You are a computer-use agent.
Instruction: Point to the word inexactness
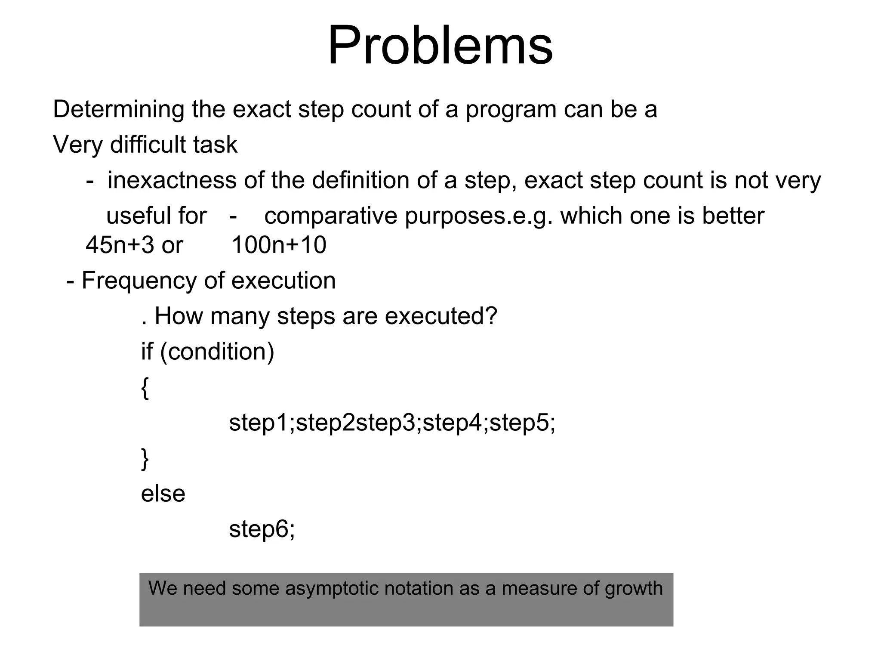172,180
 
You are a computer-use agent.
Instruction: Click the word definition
360,180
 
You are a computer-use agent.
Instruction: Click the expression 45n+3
120,245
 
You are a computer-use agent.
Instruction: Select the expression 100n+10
279,245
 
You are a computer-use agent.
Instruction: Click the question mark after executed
492,316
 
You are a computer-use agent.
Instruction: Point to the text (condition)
217,352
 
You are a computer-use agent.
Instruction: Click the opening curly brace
145,388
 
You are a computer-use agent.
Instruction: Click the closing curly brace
145,459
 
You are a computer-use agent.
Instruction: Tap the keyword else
163,494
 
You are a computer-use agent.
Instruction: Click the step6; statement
262,529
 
